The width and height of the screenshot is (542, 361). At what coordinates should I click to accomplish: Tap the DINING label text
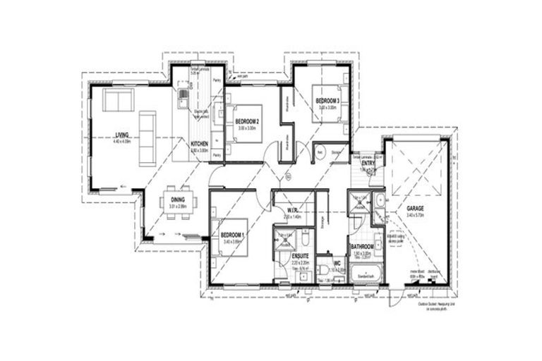177,200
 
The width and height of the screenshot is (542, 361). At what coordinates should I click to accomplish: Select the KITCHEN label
200,144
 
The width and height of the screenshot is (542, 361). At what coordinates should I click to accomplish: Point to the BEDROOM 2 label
248,121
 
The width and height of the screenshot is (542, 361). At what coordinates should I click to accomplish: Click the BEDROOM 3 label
327,101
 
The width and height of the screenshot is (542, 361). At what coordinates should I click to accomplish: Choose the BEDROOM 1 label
232,234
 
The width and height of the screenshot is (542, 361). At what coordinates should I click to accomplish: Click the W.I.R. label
295,211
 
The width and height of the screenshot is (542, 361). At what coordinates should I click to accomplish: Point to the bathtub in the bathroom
367,273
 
